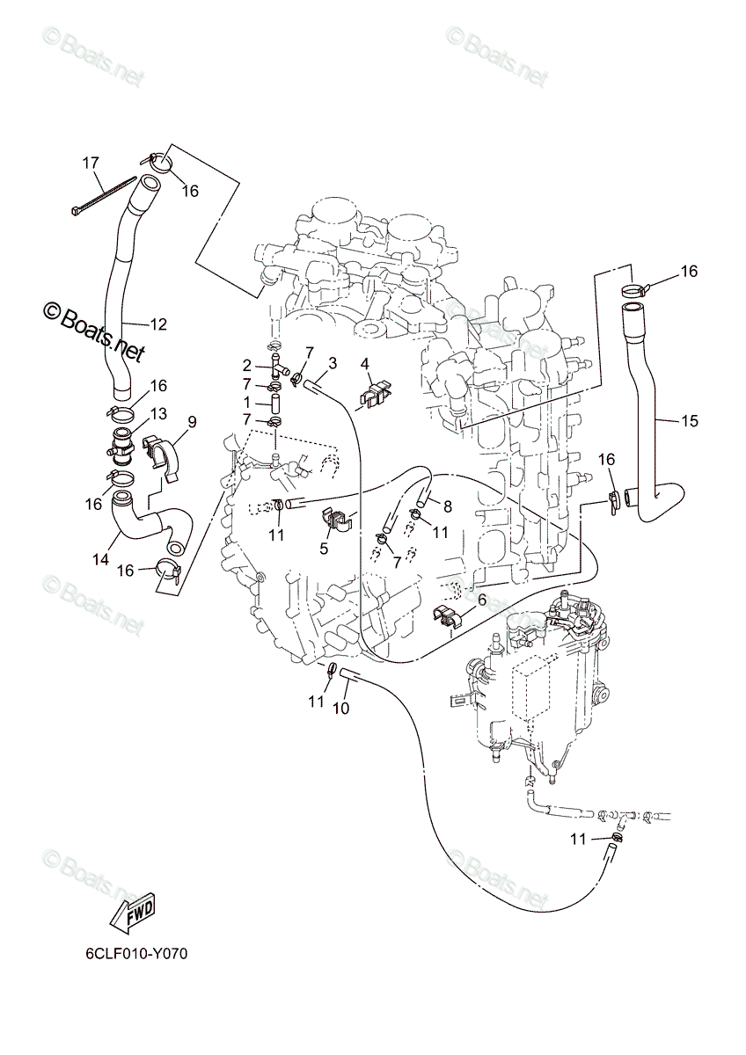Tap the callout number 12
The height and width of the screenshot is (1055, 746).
[157, 324]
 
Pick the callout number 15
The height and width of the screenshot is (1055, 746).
[689, 421]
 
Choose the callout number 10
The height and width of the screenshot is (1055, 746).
[342, 709]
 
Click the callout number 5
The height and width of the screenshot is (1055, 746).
[324, 549]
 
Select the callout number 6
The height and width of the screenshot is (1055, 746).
[480, 599]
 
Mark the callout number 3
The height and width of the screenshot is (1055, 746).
[332, 362]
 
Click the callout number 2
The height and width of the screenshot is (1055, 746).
[247, 364]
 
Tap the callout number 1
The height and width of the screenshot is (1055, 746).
[247, 402]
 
